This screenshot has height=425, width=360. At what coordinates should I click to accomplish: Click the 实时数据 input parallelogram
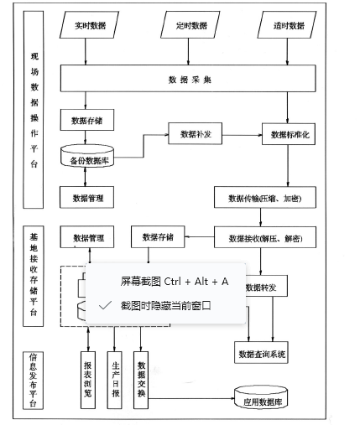point(86,25)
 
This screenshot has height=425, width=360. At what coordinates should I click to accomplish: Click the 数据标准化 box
point(289,134)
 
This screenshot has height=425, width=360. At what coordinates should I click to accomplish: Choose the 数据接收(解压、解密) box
point(265,239)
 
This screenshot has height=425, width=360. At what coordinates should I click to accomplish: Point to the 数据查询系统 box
point(263,354)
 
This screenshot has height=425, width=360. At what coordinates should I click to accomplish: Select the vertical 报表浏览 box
point(90,377)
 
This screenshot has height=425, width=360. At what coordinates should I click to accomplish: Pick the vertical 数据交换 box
point(142,377)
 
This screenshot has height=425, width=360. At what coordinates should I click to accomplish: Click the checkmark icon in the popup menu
point(104,306)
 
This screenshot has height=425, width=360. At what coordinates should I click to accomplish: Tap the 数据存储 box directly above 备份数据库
point(86,121)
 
